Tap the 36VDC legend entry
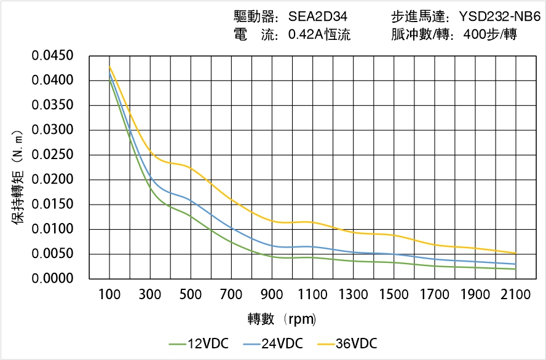point(347,343)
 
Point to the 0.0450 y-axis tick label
point(53,57)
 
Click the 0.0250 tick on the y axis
point(53,155)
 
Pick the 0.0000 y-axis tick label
point(53,279)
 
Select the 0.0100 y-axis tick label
point(53,230)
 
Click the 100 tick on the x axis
point(109,295)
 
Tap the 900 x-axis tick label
point(272,295)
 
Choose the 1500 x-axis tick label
point(394,295)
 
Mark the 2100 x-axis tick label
point(515,295)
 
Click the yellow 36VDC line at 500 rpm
point(191,168)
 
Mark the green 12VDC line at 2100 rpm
point(515,269)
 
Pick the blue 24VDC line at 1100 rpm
point(312,246)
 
